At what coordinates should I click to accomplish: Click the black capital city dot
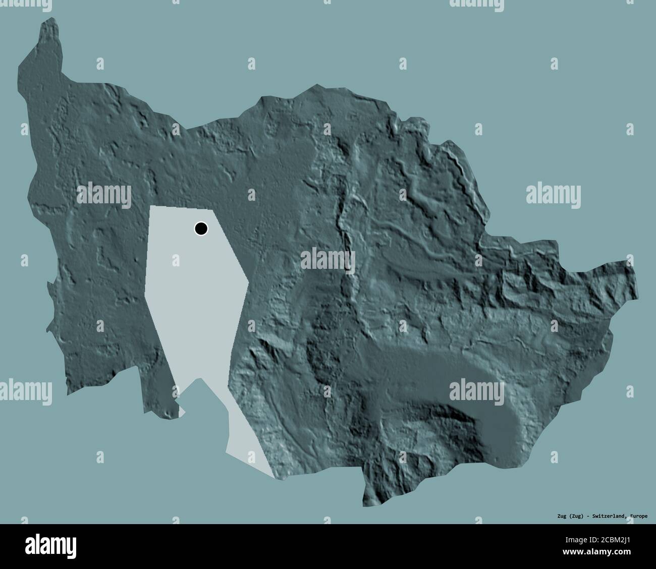click(x=201, y=229)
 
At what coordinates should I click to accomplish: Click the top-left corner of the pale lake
click(x=150, y=207)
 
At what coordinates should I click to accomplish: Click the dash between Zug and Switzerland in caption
click(x=584, y=516)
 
